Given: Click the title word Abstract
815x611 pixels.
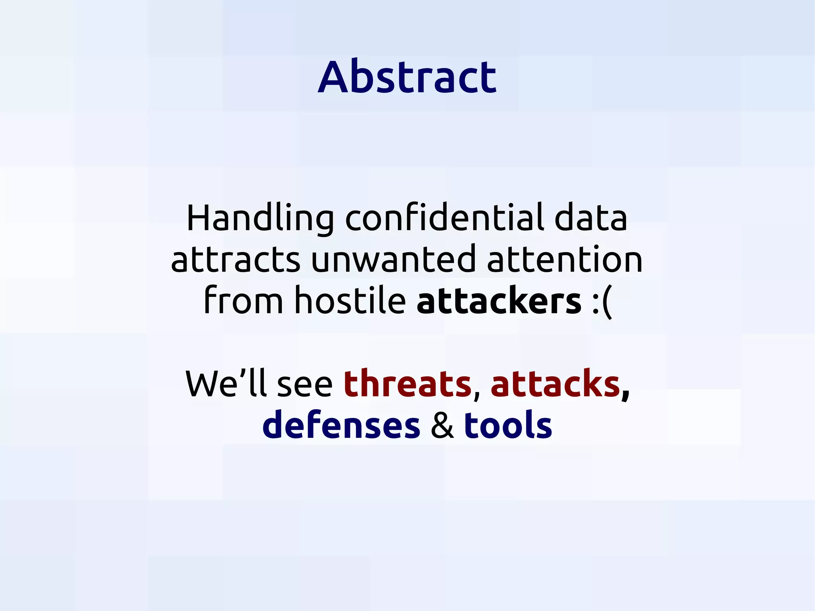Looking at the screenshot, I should click(x=407, y=76).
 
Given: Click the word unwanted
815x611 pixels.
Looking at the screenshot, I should click(x=393, y=259).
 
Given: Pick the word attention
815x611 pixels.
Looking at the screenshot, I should click(x=565, y=259).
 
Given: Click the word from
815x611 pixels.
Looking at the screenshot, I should click(x=243, y=301).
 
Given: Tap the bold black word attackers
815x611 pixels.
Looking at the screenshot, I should click(x=499, y=301).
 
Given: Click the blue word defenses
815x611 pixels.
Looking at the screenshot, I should click(x=341, y=426).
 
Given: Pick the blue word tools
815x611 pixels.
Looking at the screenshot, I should click(x=508, y=425).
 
